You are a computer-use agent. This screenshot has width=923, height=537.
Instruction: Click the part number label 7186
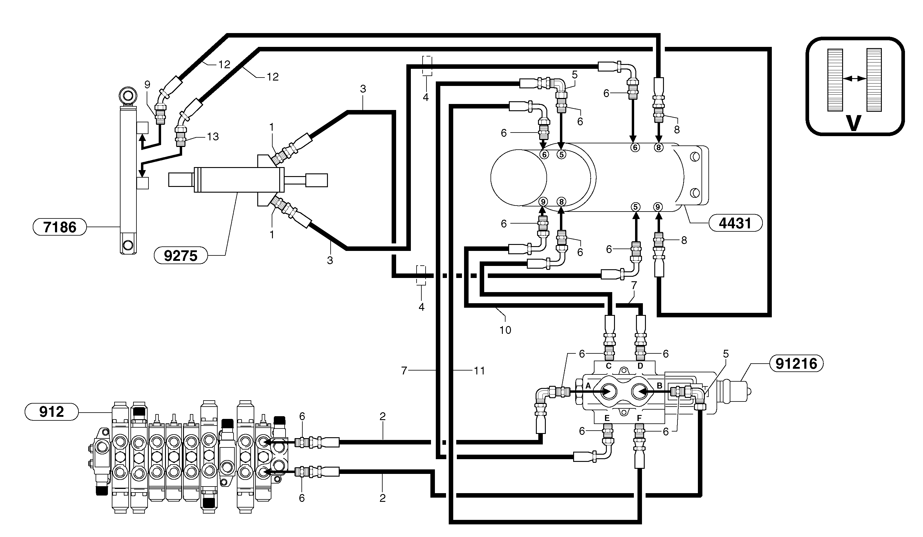point(60,227)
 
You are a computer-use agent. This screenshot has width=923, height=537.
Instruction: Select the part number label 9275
point(181,256)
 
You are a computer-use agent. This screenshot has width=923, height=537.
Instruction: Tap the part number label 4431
point(735,223)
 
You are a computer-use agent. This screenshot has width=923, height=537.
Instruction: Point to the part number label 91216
point(796,364)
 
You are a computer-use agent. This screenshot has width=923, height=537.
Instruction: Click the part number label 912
point(51,412)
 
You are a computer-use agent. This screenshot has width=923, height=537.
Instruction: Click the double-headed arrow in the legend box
point(854,78)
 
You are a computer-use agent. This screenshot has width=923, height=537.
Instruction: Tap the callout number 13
point(213,137)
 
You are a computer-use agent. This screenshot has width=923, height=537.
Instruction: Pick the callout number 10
point(505,330)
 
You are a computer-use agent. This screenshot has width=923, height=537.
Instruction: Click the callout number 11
point(479,371)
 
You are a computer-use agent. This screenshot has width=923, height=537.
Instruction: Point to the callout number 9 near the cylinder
point(147,85)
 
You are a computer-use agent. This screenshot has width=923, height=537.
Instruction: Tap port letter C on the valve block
point(608,366)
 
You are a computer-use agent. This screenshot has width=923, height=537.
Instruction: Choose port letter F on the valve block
point(639,418)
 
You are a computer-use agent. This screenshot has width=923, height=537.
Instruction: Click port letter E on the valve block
point(607,418)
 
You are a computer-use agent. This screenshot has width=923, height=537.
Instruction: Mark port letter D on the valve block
point(640,366)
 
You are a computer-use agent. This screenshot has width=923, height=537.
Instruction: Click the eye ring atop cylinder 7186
point(128,96)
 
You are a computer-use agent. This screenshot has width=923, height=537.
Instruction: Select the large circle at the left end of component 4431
point(518,178)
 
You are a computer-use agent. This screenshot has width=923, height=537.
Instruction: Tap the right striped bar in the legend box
point(874,80)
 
